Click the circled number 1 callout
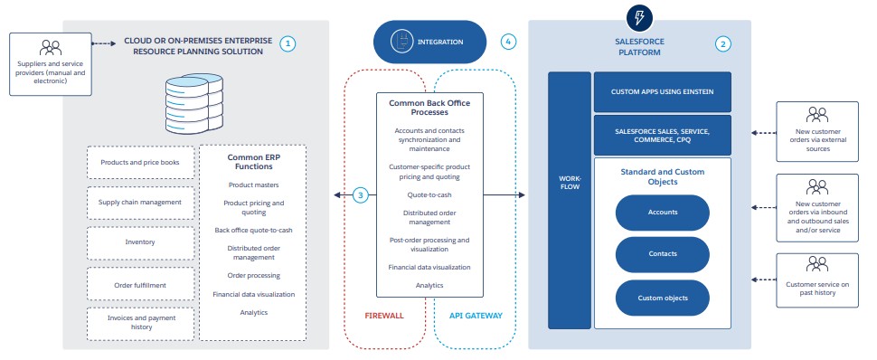pos(288,43)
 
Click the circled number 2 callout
pos(722,43)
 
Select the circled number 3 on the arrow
pos(360,194)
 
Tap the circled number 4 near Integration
pos(509,42)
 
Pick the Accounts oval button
pos(663,213)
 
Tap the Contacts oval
pos(663,254)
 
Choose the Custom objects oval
pos(663,297)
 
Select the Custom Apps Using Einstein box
pos(663,92)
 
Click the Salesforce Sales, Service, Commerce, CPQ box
pos(663,136)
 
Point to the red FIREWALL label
pos(384,317)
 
